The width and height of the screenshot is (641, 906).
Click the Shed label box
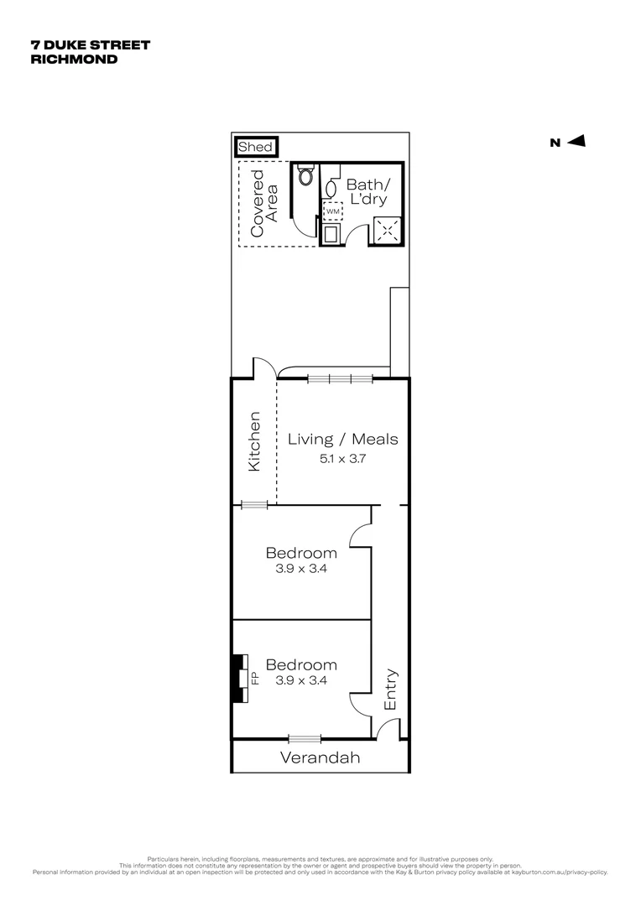pos(255,147)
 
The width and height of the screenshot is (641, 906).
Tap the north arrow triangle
pos(576,142)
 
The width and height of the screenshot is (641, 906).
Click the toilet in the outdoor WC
pos(305,177)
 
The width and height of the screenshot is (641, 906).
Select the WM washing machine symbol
pos(332,211)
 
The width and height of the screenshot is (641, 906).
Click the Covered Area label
pos(263,204)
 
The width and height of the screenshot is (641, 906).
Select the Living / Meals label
pos(342,439)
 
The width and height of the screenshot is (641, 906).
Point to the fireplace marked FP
pos(243,678)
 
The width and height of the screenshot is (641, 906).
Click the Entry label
pos(391,690)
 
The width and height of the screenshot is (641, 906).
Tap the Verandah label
pos(320,758)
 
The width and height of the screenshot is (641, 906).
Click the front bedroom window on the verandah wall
pos(305,739)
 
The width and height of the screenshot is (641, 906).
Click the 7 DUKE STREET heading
pos(90,45)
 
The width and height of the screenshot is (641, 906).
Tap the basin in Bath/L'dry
pos(331,186)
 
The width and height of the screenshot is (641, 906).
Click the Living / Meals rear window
pos(340,378)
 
